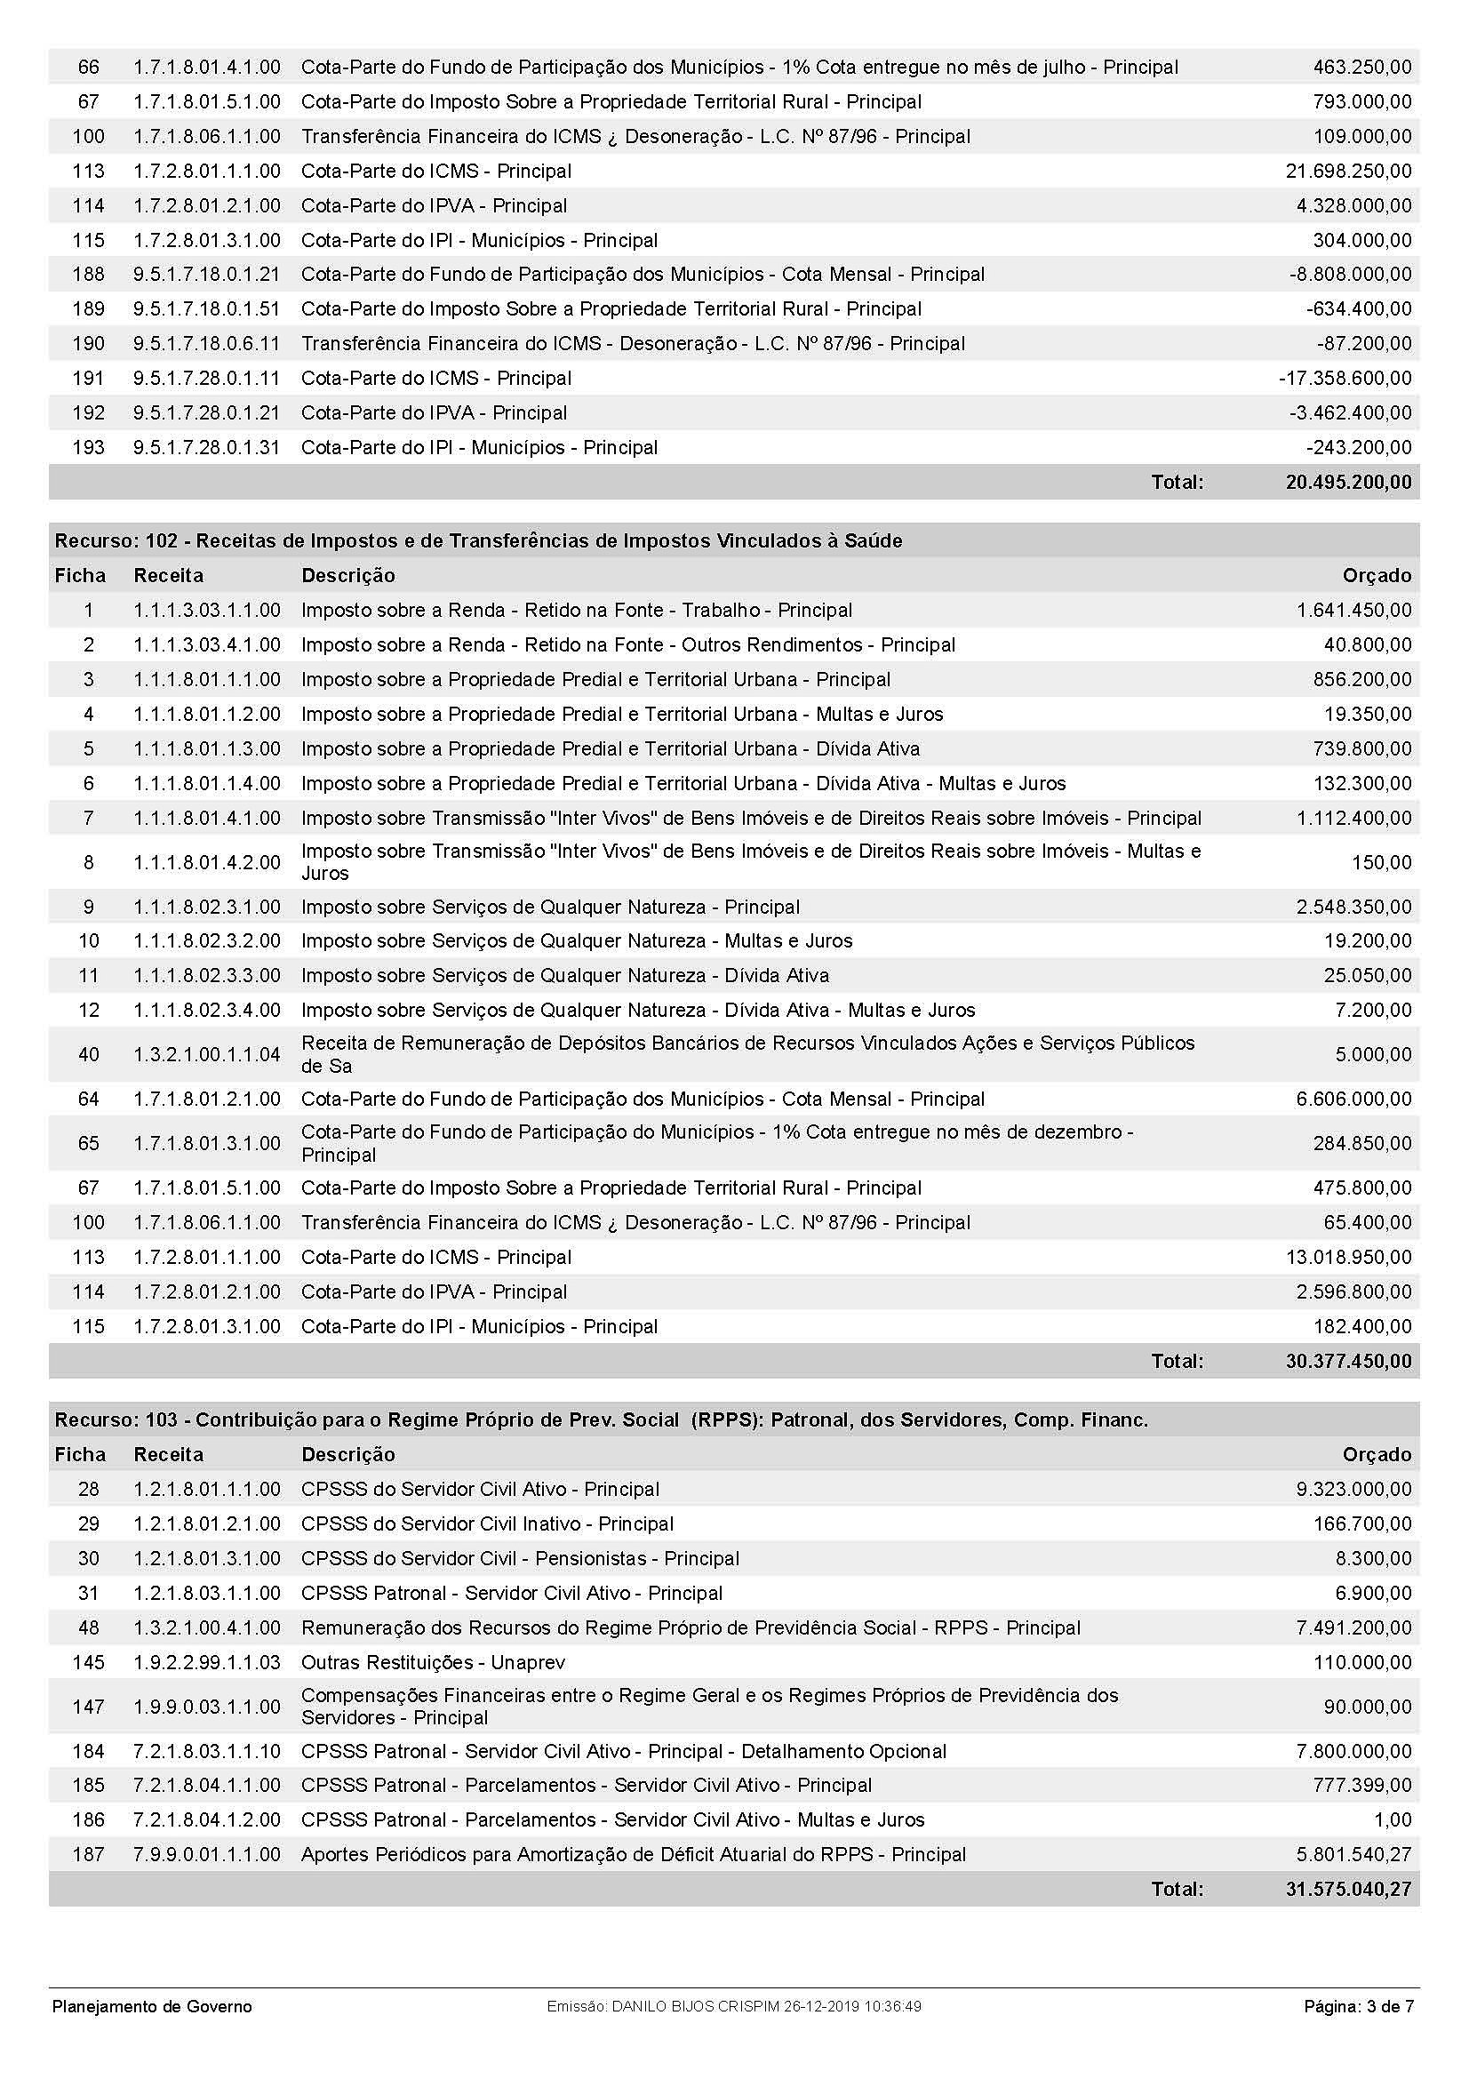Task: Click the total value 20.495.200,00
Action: tap(1348, 482)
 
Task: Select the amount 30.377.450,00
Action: tap(1348, 1361)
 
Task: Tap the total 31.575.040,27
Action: tap(1348, 1889)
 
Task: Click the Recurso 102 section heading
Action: tap(478, 540)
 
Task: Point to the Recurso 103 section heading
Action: tap(601, 1419)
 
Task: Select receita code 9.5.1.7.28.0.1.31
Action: tap(206, 447)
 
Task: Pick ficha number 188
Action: tap(89, 275)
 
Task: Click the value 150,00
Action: tap(1381, 862)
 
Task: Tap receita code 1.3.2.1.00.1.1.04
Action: tap(206, 1054)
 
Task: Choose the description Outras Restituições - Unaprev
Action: tap(433, 1662)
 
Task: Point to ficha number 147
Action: tap(89, 1707)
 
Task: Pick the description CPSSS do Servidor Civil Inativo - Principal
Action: tap(487, 1524)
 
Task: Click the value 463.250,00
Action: tap(1361, 67)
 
